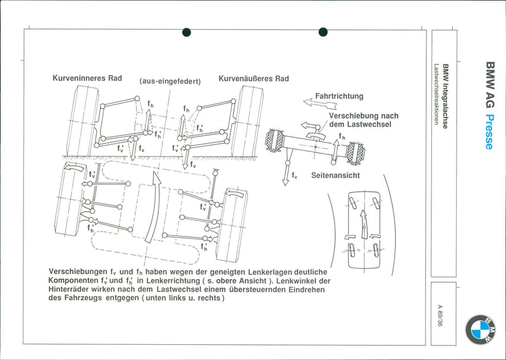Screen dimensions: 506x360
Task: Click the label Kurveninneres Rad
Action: pyautogui.click(x=87, y=78)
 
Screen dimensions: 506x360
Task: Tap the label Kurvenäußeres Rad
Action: pyautogui.click(x=254, y=78)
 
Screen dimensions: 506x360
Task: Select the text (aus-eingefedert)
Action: pyautogui.click(x=170, y=82)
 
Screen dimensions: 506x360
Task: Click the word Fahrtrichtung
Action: pyautogui.click(x=339, y=96)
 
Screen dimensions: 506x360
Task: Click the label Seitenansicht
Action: pyautogui.click(x=335, y=175)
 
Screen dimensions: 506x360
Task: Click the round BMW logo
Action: pyautogui.click(x=480, y=330)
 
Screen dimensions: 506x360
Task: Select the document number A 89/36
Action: pyautogui.click(x=440, y=315)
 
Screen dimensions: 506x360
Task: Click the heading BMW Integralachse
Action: pyautogui.click(x=445, y=96)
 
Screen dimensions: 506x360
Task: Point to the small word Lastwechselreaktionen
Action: pyautogui.click(x=436, y=94)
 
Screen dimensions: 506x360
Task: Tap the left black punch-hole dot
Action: pyautogui.click(x=187, y=32)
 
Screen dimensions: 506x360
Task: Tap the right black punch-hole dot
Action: pyautogui.click(x=323, y=32)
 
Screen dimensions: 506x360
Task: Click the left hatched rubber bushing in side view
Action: pyautogui.click(x=275, y=140)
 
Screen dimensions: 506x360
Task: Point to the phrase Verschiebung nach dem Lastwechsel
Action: pyautogui.click(x=364, y=120)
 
